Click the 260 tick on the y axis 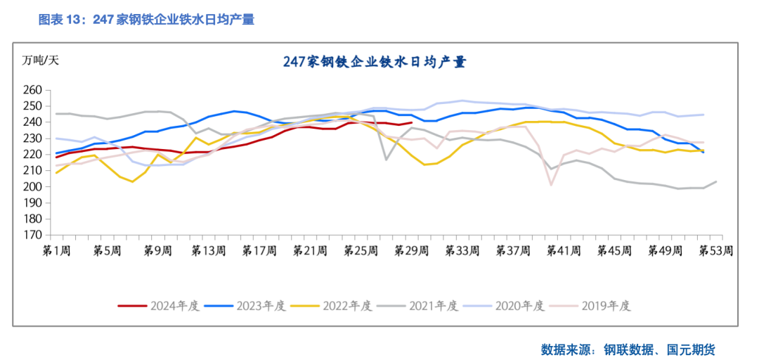tap(33, 90)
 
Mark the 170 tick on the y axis tap(33, 235)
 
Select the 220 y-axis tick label tap(33, 155)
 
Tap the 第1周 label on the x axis tap(57, 251)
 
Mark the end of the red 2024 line tap(412, 122)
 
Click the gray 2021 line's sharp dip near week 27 tap(386, 160)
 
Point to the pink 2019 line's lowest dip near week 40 tap(552, 185)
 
